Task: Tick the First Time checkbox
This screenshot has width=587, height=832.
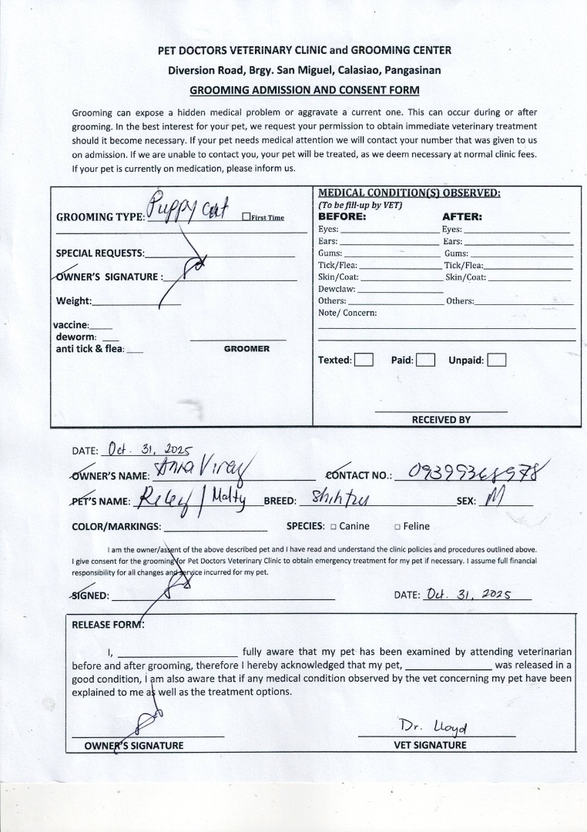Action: coord(246,217)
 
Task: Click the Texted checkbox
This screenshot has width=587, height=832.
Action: coord(364,360)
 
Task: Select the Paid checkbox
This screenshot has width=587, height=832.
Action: coord(425,360)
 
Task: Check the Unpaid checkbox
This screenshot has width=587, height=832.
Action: coord(497,360)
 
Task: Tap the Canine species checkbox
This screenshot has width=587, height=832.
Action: coord(333,527)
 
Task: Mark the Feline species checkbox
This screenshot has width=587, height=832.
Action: coord(397,527)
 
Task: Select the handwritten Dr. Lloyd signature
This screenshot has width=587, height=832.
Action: coord(434,726)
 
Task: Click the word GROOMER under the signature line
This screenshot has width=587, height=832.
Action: coord(247,349)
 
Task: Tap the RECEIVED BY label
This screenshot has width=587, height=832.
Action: coord(441,420)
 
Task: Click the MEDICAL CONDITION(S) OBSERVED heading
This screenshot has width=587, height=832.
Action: coord(409,193)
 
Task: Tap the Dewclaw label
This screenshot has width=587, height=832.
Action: coord(336,289)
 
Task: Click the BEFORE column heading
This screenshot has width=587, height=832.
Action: coord(342,217)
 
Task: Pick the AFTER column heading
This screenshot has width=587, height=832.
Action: coord(462,217)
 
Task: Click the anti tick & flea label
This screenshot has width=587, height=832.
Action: coord(89,349)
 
